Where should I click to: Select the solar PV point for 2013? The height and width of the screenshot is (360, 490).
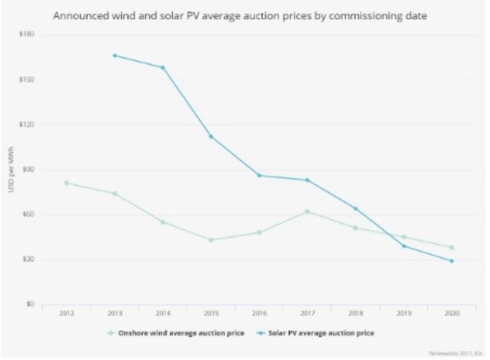(114, 55)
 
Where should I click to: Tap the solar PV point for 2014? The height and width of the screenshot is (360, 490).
(163, 68)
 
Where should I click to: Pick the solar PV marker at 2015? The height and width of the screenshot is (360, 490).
(211, 136)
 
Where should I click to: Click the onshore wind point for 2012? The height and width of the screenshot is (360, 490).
(66, 183)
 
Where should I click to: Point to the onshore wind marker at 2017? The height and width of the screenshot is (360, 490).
(307, 212)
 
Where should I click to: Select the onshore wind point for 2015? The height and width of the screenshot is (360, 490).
(211, 240)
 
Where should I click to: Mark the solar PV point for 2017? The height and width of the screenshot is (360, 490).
(307, 180)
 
